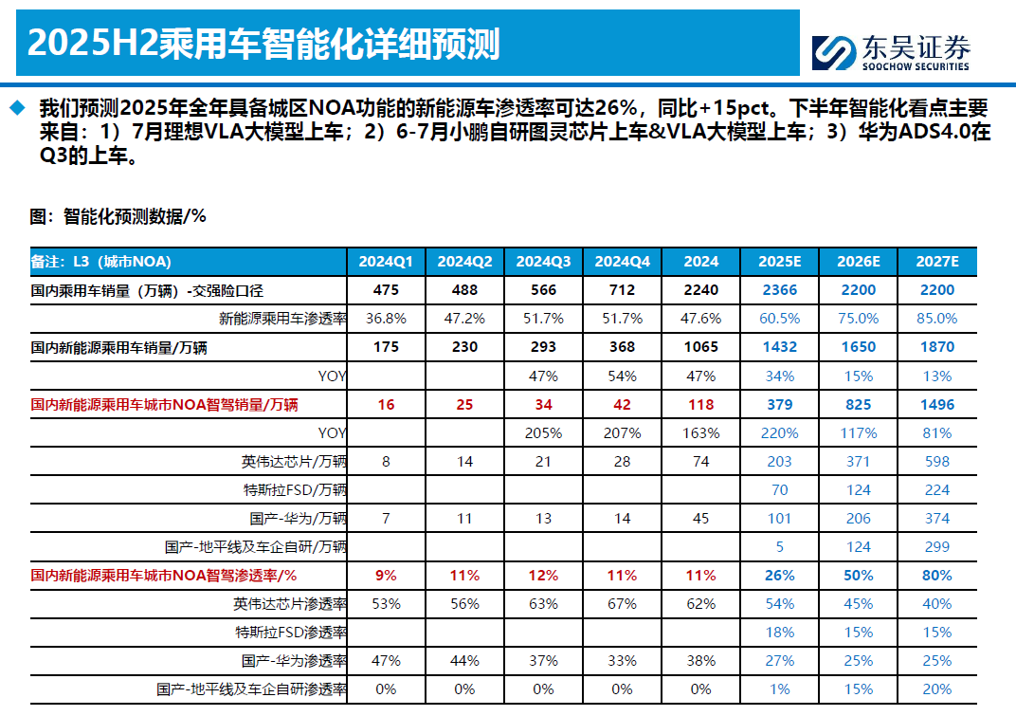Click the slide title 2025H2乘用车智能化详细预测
click(x=263, y=44)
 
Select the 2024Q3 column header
click(x=543, y=262)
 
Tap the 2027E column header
click(x=937, y=262)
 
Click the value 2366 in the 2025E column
click(x=779, y=290)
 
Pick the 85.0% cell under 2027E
click(x=937, y=319)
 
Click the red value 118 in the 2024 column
click(x=700, y=404)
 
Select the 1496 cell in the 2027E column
click(x=937, y=404)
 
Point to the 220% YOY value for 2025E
click(x=779, y=432)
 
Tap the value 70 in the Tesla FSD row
click(x=779, y=490)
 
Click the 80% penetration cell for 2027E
click(x=937, y=576)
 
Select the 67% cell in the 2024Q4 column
click(x=622, y=604)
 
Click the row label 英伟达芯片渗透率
click(x=290, y=604)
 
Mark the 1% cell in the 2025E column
click(x=779, y=689)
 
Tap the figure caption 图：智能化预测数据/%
click(x=118, y=216)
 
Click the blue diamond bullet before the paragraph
click(x=16, y=107)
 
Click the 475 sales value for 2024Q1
click(x=386, y=290)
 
